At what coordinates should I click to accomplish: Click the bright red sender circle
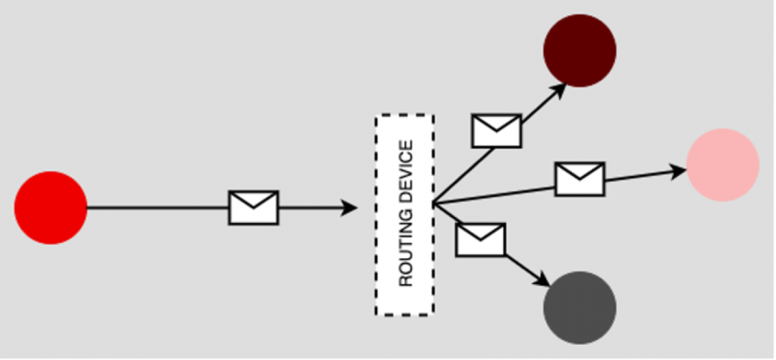50,208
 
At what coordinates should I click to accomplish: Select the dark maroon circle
580,51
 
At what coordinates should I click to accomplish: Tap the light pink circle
722,165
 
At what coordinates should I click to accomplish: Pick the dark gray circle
580,308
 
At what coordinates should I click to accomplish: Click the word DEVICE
406,172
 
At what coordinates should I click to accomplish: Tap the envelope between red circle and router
253,208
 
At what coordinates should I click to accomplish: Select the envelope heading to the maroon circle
496,131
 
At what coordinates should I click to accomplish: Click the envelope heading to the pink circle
579,179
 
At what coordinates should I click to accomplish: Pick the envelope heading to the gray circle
481,239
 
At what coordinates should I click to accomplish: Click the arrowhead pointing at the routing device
350,208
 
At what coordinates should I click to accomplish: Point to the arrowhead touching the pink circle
678,171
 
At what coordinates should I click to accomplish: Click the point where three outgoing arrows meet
433,205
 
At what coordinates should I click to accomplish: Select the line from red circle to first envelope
158,208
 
